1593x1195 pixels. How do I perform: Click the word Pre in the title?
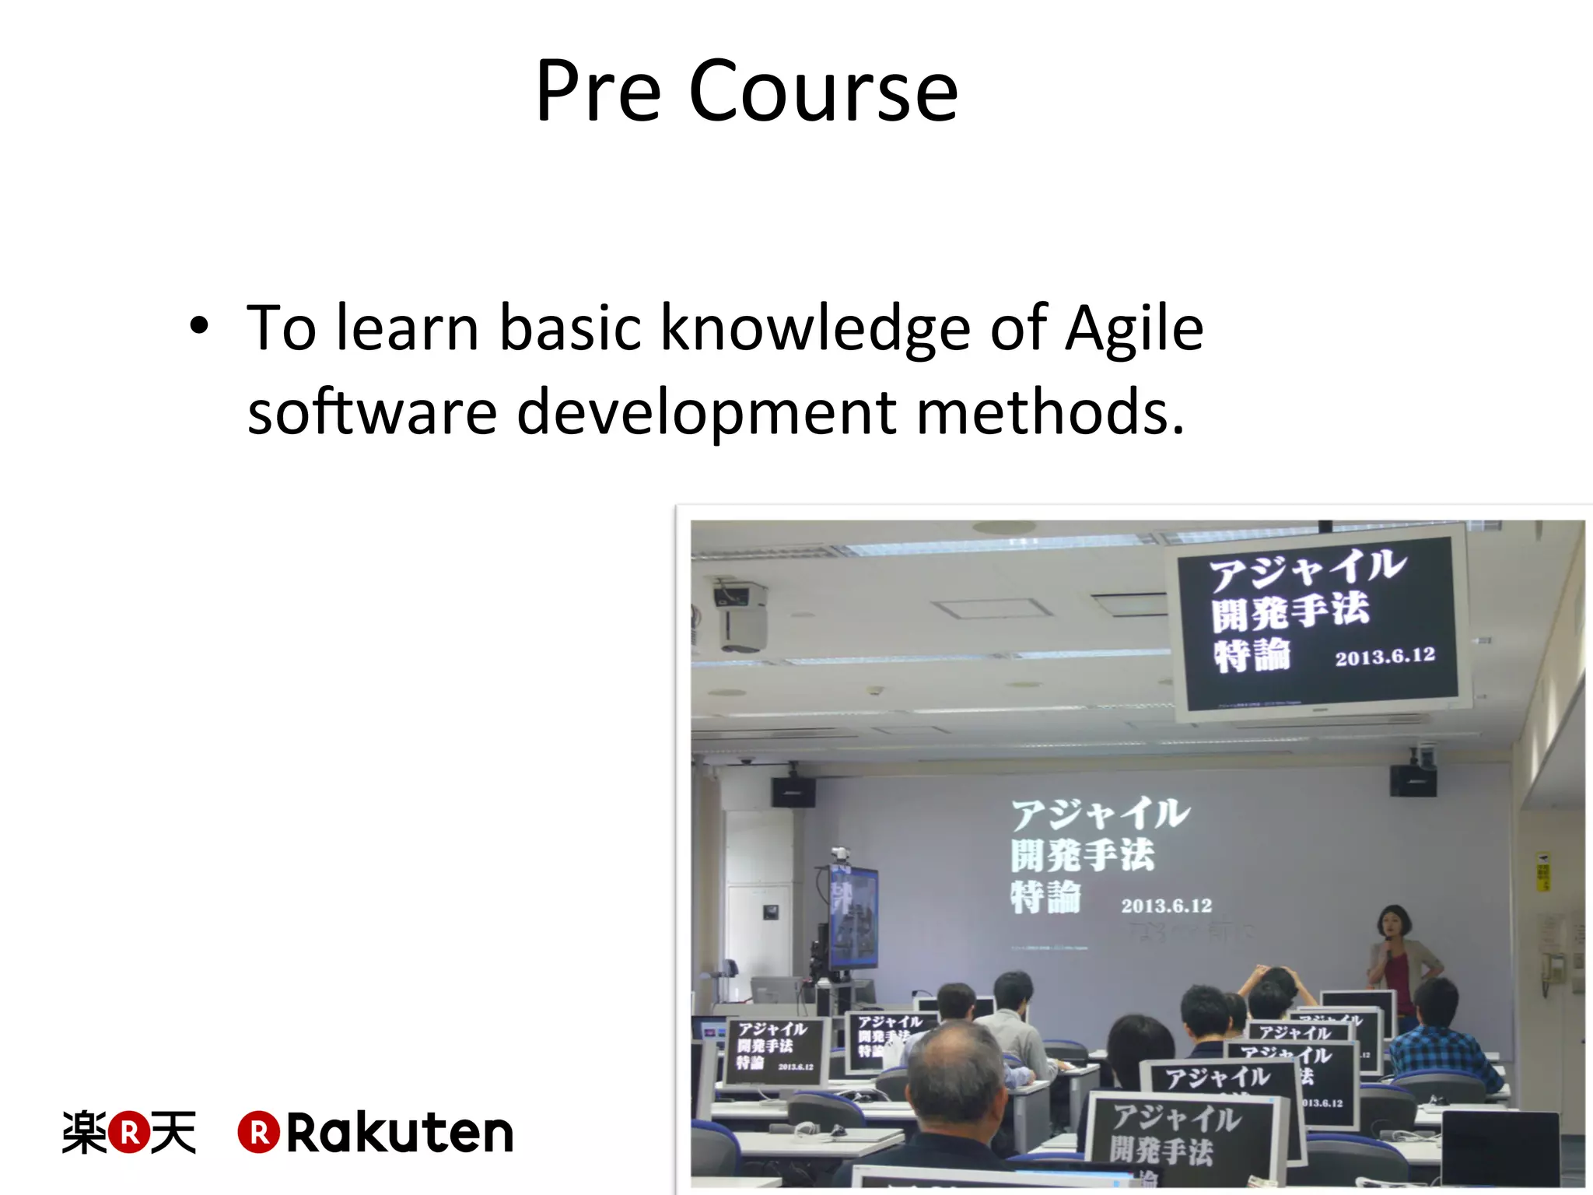(597, 92)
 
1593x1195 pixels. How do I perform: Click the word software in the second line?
(372, 412)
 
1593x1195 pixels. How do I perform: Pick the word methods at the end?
(1050, 412)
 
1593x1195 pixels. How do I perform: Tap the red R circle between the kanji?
(129, 1133)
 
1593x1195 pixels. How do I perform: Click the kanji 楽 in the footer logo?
(84, 1133)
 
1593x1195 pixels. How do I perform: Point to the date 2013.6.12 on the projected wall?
(1166, 906)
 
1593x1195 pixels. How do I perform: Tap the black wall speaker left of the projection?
(793, 791)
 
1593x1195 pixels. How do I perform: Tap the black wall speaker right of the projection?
(1413, 780)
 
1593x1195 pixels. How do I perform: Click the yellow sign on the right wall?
(1543, 871)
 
